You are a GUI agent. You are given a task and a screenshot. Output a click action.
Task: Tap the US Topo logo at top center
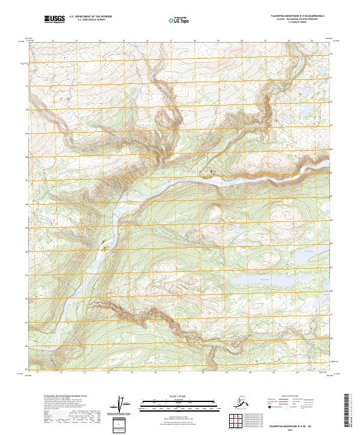[178, 20]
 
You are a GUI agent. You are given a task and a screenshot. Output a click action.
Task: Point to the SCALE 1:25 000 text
[178, 396]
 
